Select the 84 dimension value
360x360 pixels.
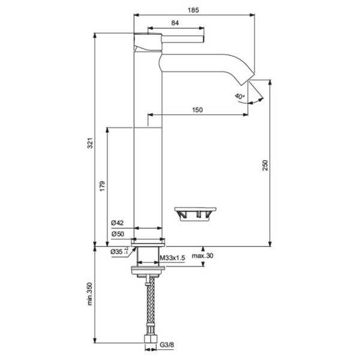pyautogui.click(x=175, y=23)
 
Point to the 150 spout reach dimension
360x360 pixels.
pyautogui.click(x=197, y=109)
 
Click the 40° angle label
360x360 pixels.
pyautogui.click(x=240, y=96)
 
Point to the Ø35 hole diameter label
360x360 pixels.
pyautogui.click(x=118, y=251)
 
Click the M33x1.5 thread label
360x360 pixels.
pyautogui.click(x=172, y=258)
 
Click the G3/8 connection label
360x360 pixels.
pyautogui.click(x=166, y=344)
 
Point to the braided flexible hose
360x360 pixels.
pyautogui.click(x=147, y=306)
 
